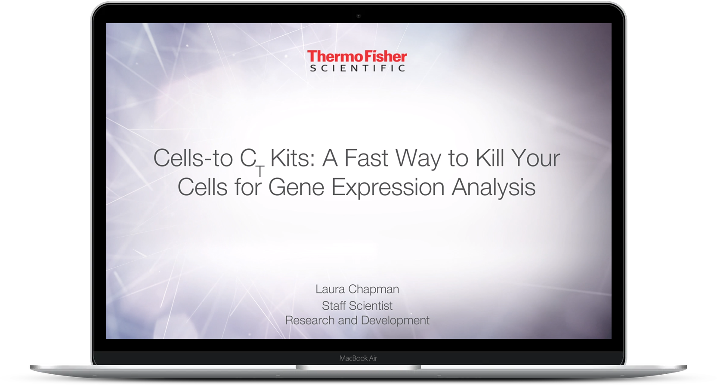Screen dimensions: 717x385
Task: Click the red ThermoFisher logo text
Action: [357, 56]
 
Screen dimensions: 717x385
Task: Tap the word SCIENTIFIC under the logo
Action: [357, 68]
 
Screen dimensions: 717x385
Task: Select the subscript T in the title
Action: [260, 171]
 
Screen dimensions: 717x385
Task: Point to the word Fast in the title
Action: [366, 158]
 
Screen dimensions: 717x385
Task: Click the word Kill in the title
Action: [490, 158]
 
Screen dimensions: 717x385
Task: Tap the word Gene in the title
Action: [296, 187]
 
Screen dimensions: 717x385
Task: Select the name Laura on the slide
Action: [330, 289]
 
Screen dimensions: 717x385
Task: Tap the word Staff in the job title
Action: [334, 305]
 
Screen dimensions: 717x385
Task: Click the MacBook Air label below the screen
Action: [358, 358]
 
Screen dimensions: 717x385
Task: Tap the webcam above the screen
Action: [358, 15]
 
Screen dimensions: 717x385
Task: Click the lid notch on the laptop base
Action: [358, 367]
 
